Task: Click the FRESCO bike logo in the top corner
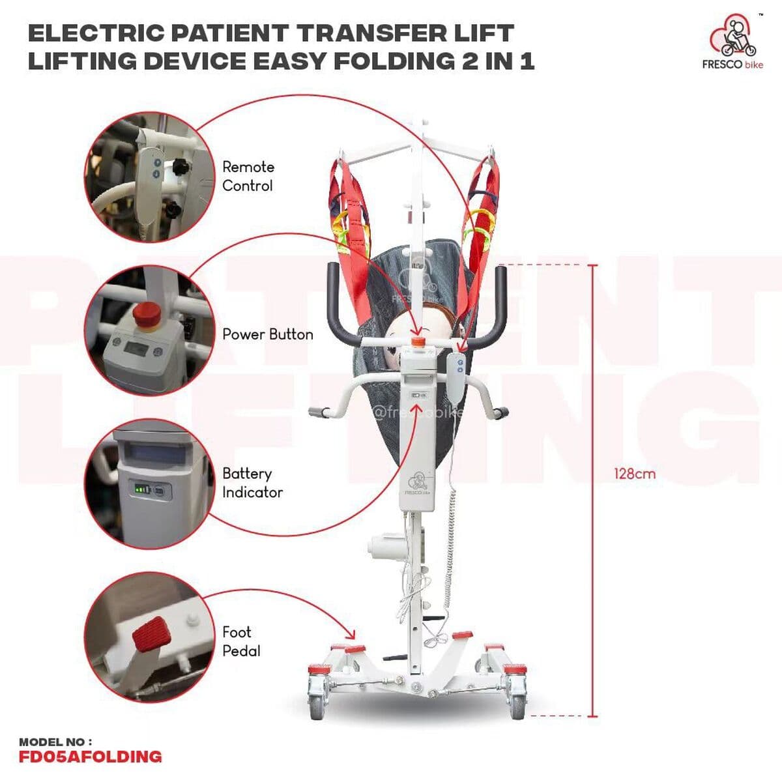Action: [x=733, y=42]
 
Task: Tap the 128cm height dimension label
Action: [x=635, y=474]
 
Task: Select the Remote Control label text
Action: [x=248, y=176]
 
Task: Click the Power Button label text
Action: [x=268, y=334]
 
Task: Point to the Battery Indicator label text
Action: [x=252, y=483]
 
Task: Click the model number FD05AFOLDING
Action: [x=90, y=757]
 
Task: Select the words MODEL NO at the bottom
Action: [x=55, y=742]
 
